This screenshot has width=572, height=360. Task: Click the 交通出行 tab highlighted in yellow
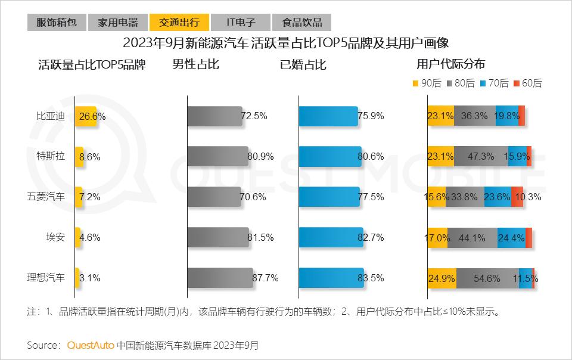click(179, 23)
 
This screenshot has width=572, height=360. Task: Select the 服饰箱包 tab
click(57, 23)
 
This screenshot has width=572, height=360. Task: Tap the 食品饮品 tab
click(301, 23)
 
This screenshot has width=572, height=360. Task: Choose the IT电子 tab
click(241, 23)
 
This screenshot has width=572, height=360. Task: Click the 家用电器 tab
click(118, 23)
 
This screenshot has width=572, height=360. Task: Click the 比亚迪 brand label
click(51, 116)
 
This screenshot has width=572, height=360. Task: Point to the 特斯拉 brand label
click(51, 156)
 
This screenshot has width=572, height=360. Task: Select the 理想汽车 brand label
click(46, 277)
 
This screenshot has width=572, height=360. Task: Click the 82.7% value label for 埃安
click(371, 237)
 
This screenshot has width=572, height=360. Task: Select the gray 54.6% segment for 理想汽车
click(487, 278)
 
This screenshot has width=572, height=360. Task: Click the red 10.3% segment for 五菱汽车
click(517, 197)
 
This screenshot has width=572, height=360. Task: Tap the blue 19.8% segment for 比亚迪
click(506, 116)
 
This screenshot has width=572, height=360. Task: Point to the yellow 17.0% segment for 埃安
click(437, 237)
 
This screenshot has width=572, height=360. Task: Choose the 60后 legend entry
click(527, 83)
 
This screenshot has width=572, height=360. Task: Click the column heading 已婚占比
click(303, 64)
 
